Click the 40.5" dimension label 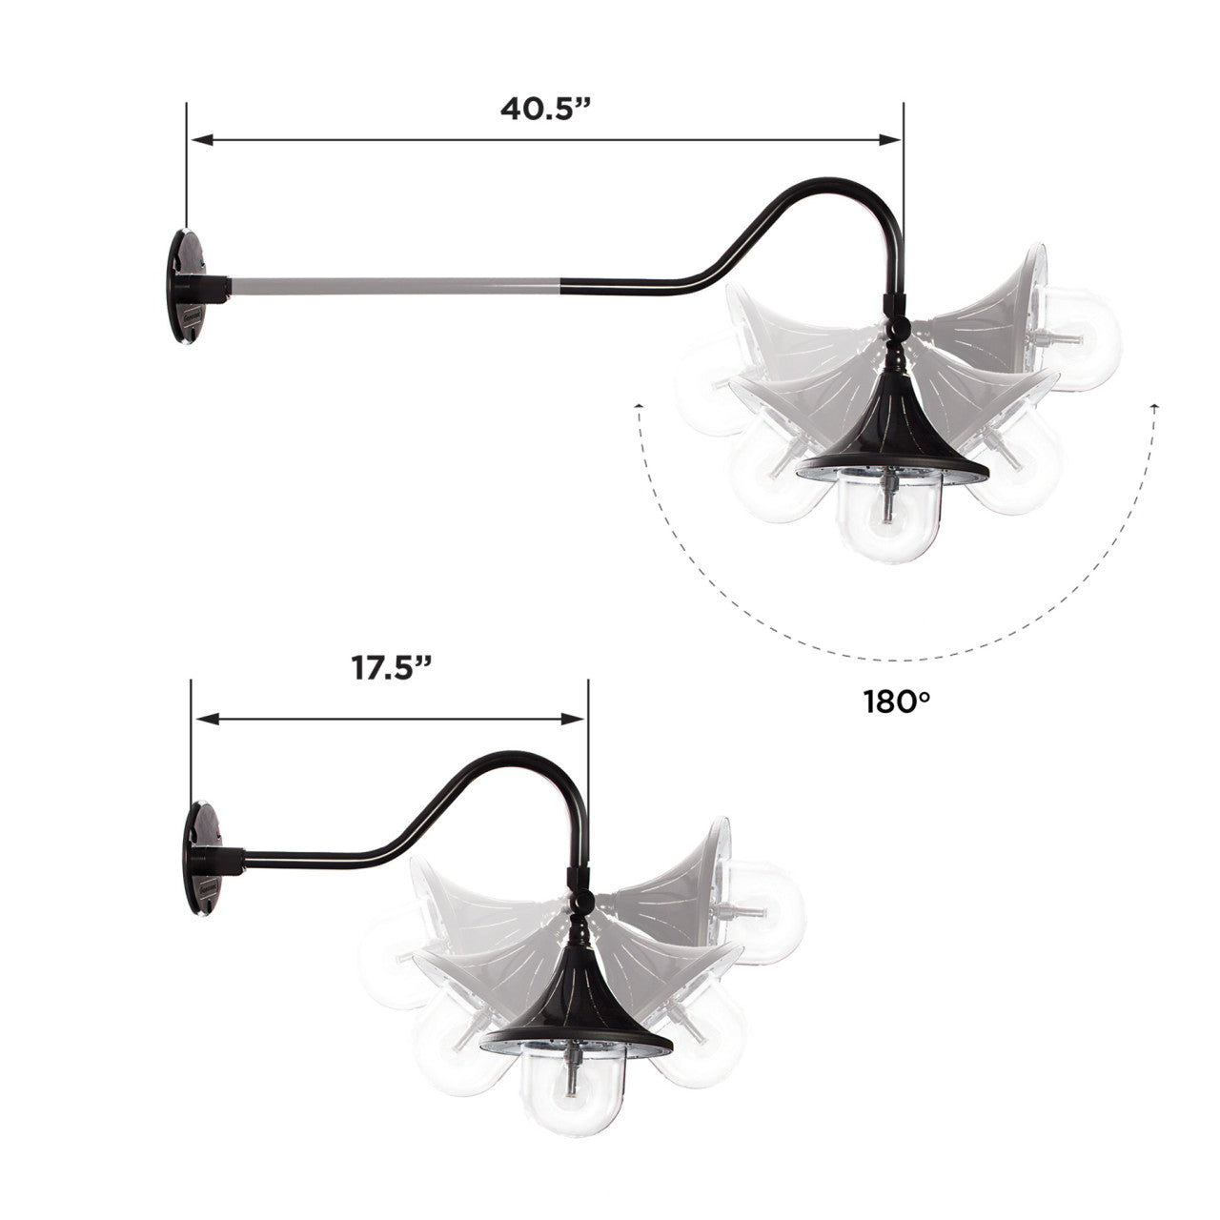[x=545, y=109]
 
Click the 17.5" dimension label [x=392, y=668]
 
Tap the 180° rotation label [x=897, y=701]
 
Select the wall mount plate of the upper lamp [x=188, y=286]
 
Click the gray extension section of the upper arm [x=396, y=286]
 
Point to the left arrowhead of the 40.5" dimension [x=201, y=140]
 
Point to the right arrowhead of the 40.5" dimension [x=889, y=140]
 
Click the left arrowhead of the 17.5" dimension [x=208, y=719]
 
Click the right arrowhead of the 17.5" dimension [x=573, y=719]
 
